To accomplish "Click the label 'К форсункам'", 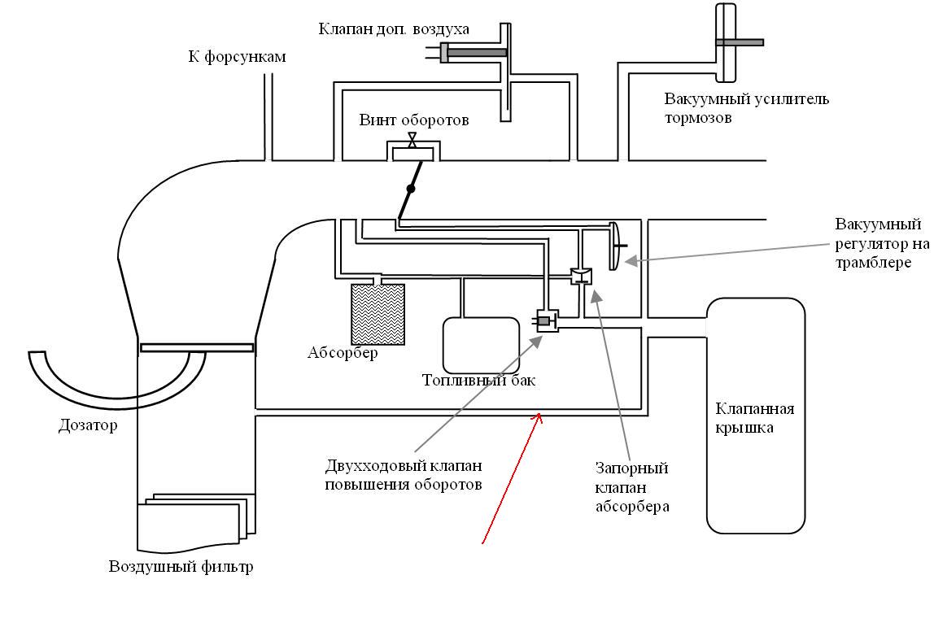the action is pos(237,57).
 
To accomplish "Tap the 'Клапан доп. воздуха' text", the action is pos(394,28).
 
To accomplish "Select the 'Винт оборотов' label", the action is pos(414,120).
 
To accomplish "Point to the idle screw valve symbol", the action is pos(412,141).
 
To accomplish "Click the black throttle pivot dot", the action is pos(410,189).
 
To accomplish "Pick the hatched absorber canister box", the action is pos(378,314).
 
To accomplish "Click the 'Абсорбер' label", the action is pos(343,353).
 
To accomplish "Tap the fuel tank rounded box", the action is pos(482,346).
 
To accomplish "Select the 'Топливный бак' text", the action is pos(479,380).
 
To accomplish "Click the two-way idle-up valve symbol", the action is pos(547,321).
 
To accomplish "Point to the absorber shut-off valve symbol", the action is pos(581,277).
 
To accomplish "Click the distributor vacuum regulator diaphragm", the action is pos(615,246).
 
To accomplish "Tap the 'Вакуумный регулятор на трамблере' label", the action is pos(882,243).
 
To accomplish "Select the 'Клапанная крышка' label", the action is pos(755,418).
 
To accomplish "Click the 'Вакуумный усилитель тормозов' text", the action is pos(747,108).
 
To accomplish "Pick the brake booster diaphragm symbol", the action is pos(727,42).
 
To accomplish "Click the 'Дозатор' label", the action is pos(88,425).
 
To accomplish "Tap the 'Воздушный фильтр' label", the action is pos(181,566).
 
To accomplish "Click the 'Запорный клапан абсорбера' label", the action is pos(633,487).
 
